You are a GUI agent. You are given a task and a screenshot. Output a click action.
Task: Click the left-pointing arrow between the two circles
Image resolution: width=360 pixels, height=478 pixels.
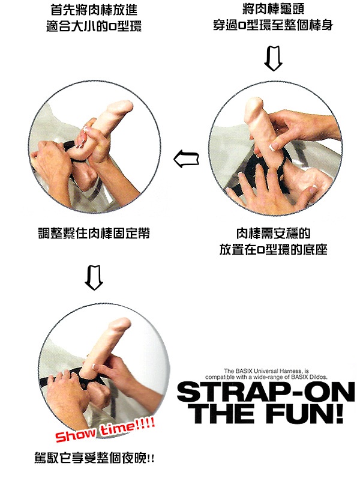point(186,159)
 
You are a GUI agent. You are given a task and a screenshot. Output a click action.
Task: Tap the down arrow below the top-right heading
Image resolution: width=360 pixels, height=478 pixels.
point(273,58)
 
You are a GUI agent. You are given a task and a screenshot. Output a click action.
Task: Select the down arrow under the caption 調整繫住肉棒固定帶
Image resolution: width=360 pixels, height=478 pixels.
point(94,277)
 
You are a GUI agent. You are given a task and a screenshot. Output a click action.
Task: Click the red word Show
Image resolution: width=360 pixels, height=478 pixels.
point(76,433)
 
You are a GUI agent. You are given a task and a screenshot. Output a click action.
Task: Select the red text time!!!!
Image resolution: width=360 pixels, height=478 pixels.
point(128,425)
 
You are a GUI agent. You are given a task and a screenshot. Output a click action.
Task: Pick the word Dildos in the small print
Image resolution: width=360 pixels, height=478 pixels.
point(319,377)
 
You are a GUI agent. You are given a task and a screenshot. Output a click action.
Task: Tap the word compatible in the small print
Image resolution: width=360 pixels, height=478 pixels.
point(220,377)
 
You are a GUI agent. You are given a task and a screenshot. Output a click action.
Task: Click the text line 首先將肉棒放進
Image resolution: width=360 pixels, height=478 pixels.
point(94,10)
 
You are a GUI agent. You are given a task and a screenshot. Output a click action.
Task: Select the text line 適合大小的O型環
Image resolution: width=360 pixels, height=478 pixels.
point(94,26)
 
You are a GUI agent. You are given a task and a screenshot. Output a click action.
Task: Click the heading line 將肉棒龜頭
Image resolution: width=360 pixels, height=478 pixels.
point(273,8)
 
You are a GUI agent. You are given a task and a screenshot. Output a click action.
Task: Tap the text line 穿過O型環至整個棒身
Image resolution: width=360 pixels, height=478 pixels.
point(273,25)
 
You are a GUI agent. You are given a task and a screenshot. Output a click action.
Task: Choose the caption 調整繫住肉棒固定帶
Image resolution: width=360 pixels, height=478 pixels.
point(94,233)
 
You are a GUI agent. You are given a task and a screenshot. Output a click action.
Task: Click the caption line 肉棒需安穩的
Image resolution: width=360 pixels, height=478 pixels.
point(273,234)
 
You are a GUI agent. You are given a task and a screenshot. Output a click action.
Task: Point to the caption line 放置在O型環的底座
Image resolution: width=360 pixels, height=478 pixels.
point(273,250)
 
